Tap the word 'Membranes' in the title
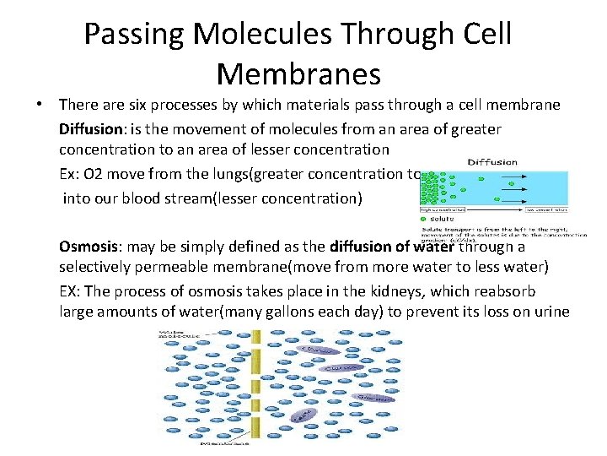coord(298,73)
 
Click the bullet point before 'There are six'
coord(40,106)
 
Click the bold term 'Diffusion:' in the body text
coord(94,129)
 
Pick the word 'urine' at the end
coord(549,312)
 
